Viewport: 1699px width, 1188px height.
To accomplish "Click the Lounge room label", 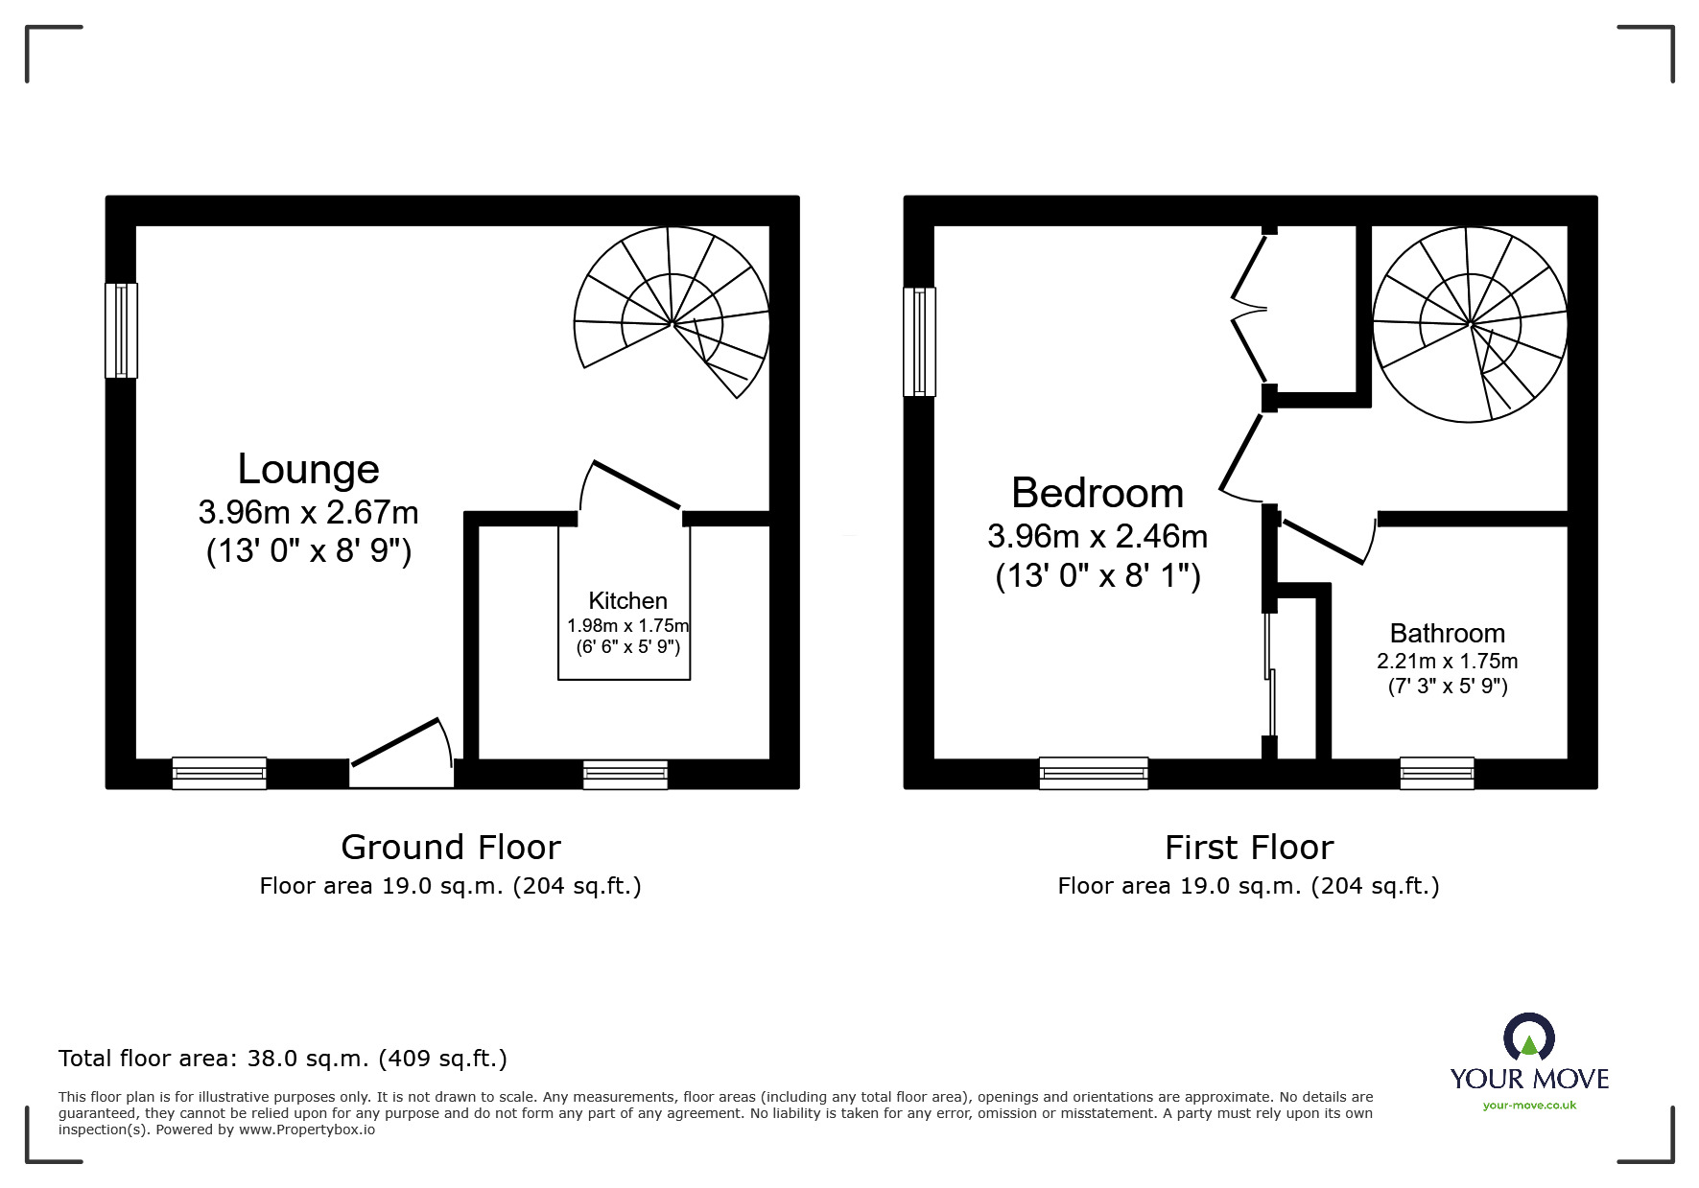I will point(308,470).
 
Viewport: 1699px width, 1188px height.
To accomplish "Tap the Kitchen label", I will point(627,601).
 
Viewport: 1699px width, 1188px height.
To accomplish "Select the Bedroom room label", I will point(1097,494).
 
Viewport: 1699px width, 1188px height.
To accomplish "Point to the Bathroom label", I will point(1447,634).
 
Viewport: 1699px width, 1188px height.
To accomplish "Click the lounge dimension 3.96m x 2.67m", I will point(308,513).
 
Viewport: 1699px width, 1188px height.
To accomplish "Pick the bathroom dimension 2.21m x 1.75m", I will point(1447,662).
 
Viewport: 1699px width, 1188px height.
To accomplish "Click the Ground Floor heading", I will point(450,848).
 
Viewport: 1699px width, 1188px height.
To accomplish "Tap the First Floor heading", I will point(1248,848).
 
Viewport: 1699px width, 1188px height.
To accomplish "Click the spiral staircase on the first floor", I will point(1470,324).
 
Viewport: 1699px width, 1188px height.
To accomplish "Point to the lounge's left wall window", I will point(121,330).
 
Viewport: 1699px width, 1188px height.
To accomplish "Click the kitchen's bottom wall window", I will point(625,774).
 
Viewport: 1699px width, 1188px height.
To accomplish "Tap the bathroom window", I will point(1436,773).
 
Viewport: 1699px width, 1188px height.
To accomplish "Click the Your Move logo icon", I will point(1528,1037).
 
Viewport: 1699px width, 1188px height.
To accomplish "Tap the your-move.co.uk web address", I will point(1529,1106).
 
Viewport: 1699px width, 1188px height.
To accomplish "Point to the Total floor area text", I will point(283,1059).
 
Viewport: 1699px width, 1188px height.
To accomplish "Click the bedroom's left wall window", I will point(919,342).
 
